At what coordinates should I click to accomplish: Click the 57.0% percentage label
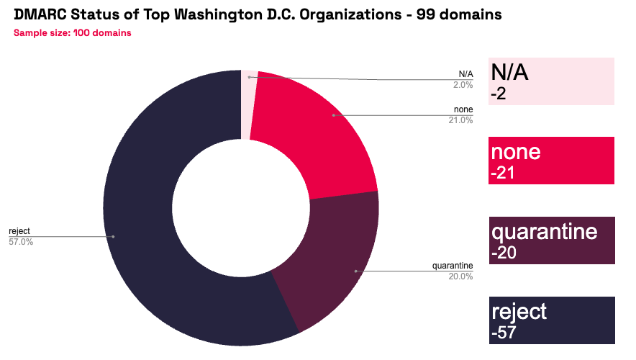[21, 241]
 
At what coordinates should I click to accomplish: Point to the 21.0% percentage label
[460, 120]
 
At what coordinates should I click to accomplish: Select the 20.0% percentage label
[460, 276]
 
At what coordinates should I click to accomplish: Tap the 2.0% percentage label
[463, 84]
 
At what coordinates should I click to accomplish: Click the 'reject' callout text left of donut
[19, 231]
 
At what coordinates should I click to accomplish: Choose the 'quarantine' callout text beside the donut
[453, 266]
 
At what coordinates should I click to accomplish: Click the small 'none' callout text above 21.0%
[463, 109]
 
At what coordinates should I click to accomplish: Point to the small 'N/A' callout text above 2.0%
[465, 74]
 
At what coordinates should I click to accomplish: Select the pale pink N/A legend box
[551, 81]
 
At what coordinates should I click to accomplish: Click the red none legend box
[551, 161]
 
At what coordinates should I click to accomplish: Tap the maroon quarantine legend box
[551, 240]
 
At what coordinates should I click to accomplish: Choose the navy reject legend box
[551, 320]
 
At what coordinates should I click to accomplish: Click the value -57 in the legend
[504, 333]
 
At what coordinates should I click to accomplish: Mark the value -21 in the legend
[504, 174]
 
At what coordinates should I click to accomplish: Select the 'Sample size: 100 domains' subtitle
[72, 32]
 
